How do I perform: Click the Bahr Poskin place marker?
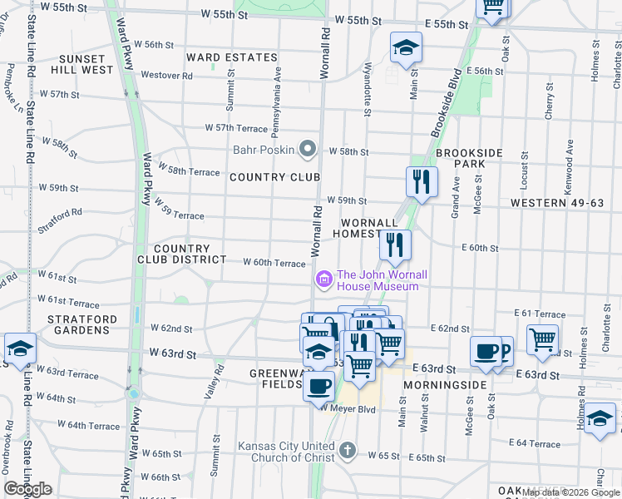click(309, 151)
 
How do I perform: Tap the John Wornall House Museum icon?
click(323, 279)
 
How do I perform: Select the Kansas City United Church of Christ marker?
click(348, 452)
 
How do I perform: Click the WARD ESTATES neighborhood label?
click(231, 57)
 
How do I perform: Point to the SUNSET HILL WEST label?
click(82, 65)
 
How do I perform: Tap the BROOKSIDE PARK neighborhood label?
click(470, 159)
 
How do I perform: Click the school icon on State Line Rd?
click(20, 348)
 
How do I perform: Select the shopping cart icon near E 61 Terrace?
click(542, 338)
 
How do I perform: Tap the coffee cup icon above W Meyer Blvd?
click(319, 385)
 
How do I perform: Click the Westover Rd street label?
click(166, 75)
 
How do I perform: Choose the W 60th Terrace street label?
click(274, 263)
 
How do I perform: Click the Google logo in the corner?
click(27, 489)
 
